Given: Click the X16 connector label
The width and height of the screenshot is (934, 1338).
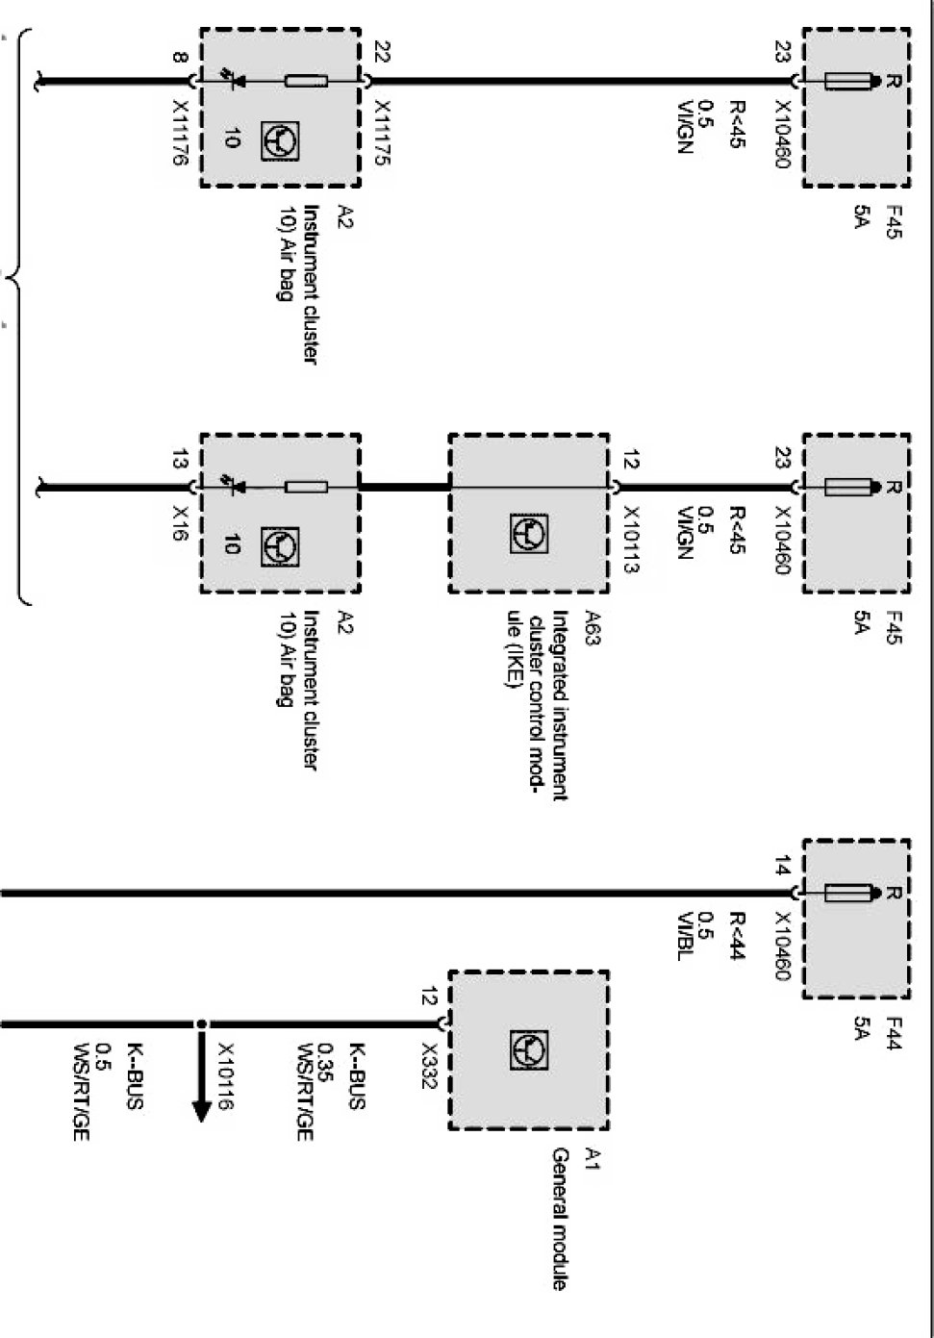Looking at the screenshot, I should coord(180,519).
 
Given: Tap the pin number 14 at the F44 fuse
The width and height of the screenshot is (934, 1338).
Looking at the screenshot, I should coord(783,869).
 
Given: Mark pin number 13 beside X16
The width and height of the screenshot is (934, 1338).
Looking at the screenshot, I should coord(180,460).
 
